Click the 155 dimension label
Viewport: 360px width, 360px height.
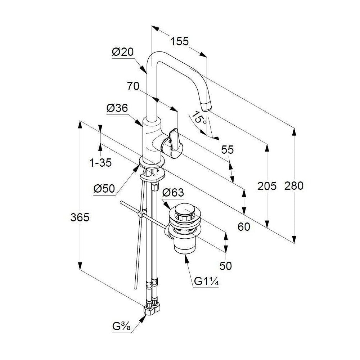tap(179, 41)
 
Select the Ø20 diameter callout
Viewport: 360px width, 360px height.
tap(123, 52)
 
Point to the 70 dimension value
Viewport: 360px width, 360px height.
tap(133, 86)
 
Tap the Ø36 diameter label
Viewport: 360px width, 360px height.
tap(117, 108)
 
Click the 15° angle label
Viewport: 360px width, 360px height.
tap(199, 118)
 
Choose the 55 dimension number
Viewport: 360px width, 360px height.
tap(227, 150)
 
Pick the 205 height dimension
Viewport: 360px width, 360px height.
tap(267, 186)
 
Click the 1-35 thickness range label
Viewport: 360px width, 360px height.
tap(100, 163)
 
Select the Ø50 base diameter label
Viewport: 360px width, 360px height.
tap(104, 189)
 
